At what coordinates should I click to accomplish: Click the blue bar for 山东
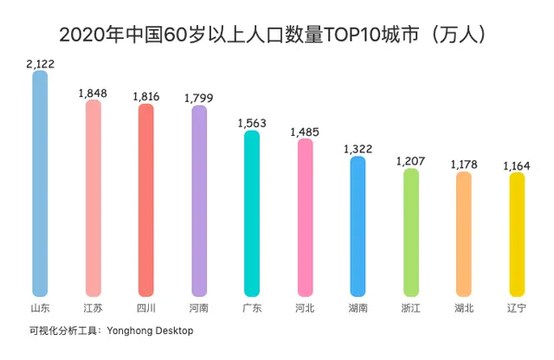coord(40,183)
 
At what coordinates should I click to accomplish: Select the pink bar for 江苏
coord(93,199)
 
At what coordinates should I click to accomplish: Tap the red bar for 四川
coord(145,201)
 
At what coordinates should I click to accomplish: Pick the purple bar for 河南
coord(198,202)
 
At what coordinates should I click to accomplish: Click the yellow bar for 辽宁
coord(517,235)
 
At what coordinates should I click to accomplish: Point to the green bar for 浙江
coord(411,232)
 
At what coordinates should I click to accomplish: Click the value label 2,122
coord(40,63)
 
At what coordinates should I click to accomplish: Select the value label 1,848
coord(93,93)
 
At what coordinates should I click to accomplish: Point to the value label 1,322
coord(358,149)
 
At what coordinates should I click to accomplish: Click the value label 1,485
coord(305,132)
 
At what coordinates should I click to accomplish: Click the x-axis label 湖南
coord(358,308)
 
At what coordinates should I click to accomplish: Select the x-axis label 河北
coord(305,308)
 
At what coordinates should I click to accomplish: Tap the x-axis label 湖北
coord(464,308)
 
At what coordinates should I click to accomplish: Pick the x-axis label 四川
coord(145,308)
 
